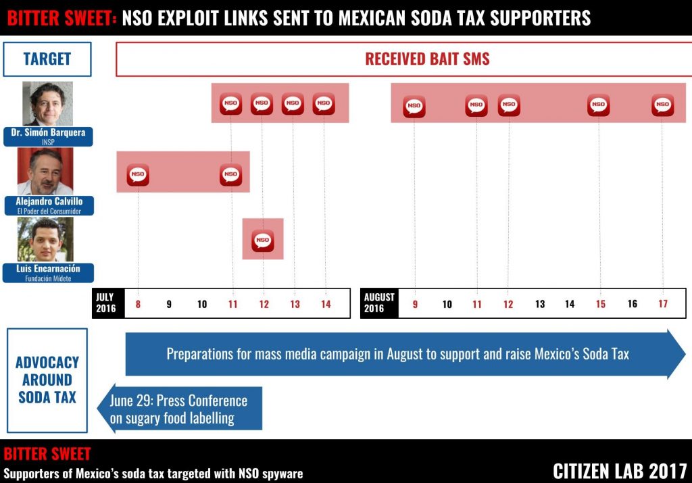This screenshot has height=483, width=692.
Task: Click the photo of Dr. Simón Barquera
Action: [47, 103]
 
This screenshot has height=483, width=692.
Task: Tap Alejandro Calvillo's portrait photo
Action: [46, 172]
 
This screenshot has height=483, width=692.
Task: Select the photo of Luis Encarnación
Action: [46, 240]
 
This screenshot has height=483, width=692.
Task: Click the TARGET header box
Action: [47, 59]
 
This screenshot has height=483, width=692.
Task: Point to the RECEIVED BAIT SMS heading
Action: [427, 59]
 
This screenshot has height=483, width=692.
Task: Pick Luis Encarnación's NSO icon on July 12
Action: [263, 240]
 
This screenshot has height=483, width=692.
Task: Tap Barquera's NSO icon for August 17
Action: [662, 105]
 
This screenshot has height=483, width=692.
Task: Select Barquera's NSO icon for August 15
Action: [598, 105]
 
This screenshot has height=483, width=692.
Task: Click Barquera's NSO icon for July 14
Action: [324, 103]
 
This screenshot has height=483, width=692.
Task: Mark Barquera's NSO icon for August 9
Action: [414, 106]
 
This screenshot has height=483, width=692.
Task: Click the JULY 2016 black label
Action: [106, 303]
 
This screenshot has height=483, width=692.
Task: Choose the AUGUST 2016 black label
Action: [379, 303]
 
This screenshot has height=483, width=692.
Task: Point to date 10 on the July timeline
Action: [202, 305]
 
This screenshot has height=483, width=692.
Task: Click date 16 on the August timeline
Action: [633, 304]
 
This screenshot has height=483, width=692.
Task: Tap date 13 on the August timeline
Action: [540, 305]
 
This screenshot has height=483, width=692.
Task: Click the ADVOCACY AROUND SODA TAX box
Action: [47, 380]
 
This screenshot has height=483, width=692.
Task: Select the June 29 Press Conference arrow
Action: [180, 409]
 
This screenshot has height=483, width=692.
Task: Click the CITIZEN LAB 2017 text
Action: [620, 471]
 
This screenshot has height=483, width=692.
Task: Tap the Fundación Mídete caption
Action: [47, 278]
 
